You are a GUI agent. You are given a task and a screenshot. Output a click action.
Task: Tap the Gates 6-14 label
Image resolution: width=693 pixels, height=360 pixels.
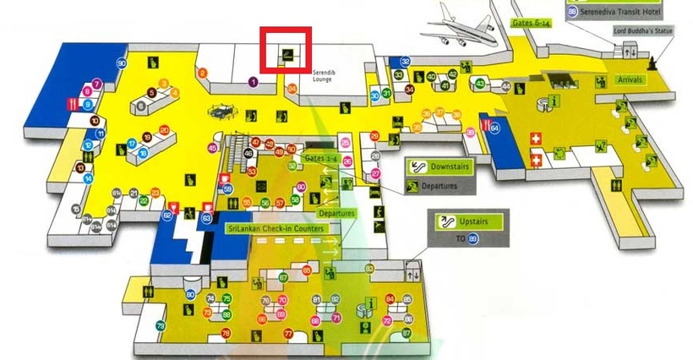click(534, 23)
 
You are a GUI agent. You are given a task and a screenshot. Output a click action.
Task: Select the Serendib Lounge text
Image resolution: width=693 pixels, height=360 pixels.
click(325, 77)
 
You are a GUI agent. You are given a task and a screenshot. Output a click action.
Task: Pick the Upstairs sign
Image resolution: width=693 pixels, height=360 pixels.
click(468, 223)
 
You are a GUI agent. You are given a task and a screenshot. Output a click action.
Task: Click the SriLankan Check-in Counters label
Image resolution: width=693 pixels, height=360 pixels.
click(276, 228)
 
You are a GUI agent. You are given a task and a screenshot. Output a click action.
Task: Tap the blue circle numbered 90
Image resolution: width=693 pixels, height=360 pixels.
click(122, 63)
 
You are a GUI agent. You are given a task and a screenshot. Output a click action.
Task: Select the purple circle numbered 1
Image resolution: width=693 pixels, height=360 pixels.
click(253, 82)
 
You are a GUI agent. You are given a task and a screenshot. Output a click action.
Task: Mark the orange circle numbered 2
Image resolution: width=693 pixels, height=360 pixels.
click(202, 73)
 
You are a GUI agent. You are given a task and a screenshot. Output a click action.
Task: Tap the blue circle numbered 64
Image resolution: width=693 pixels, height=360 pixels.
click(494, 128)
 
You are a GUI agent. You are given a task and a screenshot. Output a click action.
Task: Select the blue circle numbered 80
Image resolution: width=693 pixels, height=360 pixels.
click(191, 295)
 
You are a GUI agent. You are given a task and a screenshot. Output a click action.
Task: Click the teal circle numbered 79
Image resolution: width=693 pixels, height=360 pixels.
click(161, 326)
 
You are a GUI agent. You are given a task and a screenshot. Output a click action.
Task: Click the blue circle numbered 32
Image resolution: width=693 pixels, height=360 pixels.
click(406, 62)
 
